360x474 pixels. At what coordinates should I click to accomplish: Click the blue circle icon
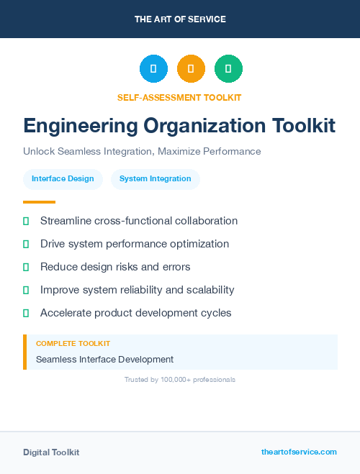153,68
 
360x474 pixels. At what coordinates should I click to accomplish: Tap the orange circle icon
191,68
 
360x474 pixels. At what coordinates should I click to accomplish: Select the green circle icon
228,68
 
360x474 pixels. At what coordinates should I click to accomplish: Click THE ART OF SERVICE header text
180,19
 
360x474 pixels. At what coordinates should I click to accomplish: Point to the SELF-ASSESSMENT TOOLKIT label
179,97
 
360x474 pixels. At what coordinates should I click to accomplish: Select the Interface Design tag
63,179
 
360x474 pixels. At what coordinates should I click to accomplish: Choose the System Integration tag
156,179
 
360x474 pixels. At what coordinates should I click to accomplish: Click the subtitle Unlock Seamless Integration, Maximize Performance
142,152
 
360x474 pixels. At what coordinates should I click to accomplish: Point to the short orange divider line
39,202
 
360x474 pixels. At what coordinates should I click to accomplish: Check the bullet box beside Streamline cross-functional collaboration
26,221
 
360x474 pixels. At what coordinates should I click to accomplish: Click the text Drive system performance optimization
135,244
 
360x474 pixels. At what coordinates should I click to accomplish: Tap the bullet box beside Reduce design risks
26,267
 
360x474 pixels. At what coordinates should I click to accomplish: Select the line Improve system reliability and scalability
137,290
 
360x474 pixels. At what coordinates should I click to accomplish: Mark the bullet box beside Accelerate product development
26,313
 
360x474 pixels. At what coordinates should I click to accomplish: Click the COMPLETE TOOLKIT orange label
73,344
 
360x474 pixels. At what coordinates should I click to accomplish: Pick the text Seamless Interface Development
104,359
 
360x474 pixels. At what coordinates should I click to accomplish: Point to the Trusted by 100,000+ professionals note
180,379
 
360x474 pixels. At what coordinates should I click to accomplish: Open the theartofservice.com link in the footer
299,452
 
